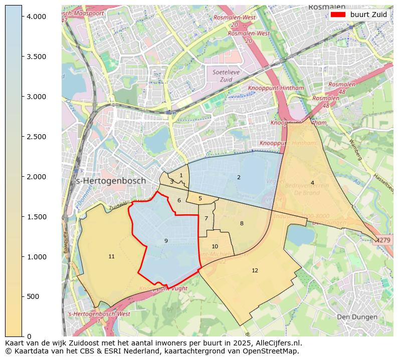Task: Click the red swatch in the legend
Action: pyautogui.click(x=338, y=15)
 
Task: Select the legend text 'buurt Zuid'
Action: pyautogui.click(x=368, y=15)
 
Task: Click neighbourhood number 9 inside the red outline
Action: pyautogui.click(x=166, y=241)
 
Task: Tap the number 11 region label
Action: pyautogui.click(x=111, y=257)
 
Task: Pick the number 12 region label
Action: pyautogui.click(x=255, y=271)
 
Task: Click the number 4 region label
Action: pyautogui.click(x=312, y=183)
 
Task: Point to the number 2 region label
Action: pyautogui.click(x=239, y=178)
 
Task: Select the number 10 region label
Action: pyautogui.click(x=215, y=246)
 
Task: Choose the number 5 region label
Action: pyautogui.click(x=200, y=199)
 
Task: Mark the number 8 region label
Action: pyautogui.click(x=242, y=224)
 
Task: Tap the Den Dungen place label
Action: pyautogui.click(x=356, y=317)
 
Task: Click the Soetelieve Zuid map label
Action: pyautogui.click(x=223, y=76)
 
